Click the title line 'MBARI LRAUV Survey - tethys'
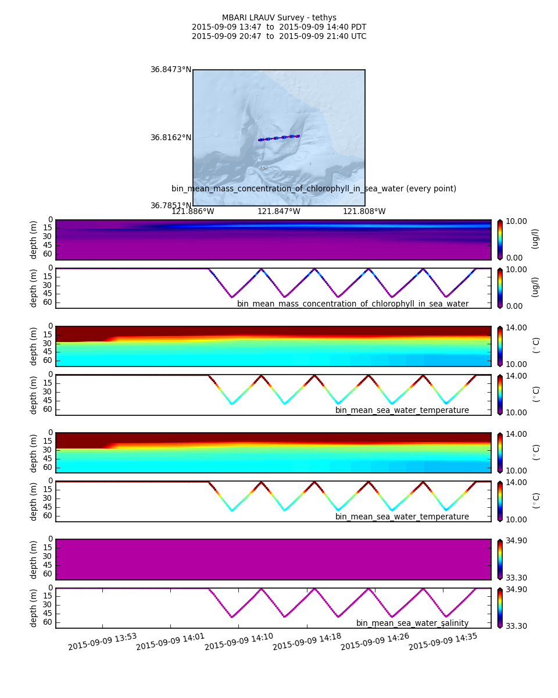click(279, 18)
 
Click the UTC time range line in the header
click(279, 37)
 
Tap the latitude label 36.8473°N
click(171, 70)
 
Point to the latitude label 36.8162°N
click(171, 138)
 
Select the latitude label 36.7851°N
click(171, 205)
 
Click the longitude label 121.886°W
click(192, 212)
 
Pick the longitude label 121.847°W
click(279, 212)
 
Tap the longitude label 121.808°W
click(364, 212)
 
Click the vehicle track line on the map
click(279, 138)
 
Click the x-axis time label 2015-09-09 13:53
click(102, 642)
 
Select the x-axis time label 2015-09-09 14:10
click(239, 642)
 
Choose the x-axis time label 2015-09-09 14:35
click(443, 642)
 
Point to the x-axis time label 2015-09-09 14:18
click(307, 642)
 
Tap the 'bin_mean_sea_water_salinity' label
click(412, 624)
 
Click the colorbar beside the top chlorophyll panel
click(500, 240)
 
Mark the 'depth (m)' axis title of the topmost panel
click(34, 240)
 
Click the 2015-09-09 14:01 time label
click(170, 642)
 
